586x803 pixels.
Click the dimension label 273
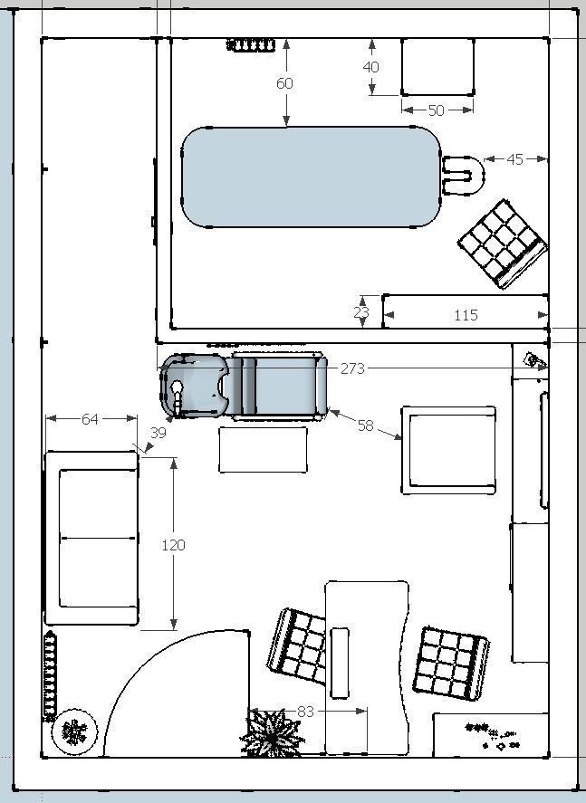click(x=352, y=368)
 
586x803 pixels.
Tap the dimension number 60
click(x=284, y=83)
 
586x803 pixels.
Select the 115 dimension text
click(x=466, y=315)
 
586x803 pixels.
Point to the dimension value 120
click(x=173, y=545)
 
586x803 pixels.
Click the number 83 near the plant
click(x=305, y=712)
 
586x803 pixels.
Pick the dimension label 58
click(x=365, y=425)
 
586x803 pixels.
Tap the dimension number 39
click(x=159, y=433)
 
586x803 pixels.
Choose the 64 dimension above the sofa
click(x=90, y=419)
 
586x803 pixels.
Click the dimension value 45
click(x=514, y=159)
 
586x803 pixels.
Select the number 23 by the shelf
click(x=361, y=312)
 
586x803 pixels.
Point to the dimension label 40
click(x=370, y=67)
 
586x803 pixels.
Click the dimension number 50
click(x=436, y=110)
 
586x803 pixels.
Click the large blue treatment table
click(x=311, y=177)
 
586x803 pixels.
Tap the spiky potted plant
click(x=271, y=733)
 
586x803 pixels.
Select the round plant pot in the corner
click(x=75, y=731)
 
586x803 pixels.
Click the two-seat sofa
click(x=91, y=538)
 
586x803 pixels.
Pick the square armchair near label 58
click(x=448, y=450)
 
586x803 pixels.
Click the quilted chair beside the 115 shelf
click(x=503, y=244)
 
